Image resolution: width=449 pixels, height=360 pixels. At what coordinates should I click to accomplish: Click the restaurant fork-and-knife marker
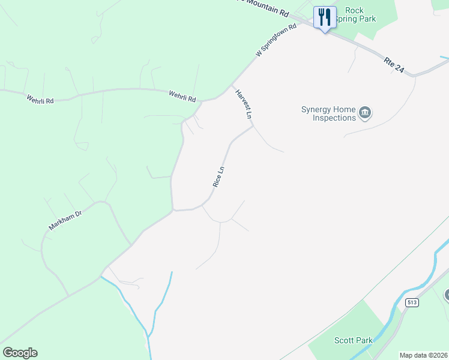[325, 17]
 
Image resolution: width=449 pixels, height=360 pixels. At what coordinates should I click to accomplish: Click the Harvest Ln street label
[243, 104]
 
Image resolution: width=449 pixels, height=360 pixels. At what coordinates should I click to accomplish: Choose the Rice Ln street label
[220, 176]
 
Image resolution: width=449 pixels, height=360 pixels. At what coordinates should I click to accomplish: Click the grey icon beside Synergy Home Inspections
[365, 113]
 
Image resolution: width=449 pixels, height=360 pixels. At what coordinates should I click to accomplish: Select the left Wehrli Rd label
[40, 98]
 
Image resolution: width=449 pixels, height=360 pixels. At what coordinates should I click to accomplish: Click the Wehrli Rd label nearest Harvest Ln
[182, 95]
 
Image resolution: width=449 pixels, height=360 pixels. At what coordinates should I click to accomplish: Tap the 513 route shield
[411, 302]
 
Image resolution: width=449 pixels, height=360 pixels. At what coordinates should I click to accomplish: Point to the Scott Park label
[354, 340]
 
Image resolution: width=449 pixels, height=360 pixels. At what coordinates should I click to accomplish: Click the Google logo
[20, 353]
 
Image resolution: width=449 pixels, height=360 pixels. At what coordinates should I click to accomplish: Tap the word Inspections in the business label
[334, 118]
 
